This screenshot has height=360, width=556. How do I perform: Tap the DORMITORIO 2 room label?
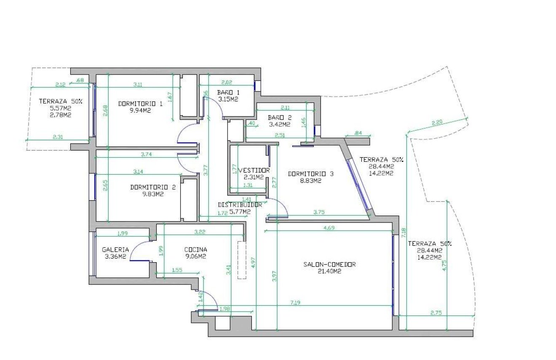click(153, 187)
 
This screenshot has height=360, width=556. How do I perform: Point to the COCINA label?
click(195, 249)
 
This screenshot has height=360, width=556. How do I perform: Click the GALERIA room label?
click(115, 249)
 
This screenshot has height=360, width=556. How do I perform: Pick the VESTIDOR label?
click(254, 170)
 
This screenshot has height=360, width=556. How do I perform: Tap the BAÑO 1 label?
click(228, 92)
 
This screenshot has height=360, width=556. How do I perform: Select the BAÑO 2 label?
click(280, 118)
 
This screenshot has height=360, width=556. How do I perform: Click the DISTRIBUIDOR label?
click(240, 205)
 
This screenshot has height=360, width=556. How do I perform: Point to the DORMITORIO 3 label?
click(311, 173)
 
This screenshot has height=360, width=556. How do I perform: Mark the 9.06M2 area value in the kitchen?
click(195, 256)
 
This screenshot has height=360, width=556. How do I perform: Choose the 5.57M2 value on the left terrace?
click(60, 108)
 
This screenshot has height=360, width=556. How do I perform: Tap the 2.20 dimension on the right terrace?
click(438, 123)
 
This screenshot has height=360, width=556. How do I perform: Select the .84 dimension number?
click(358, 133)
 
